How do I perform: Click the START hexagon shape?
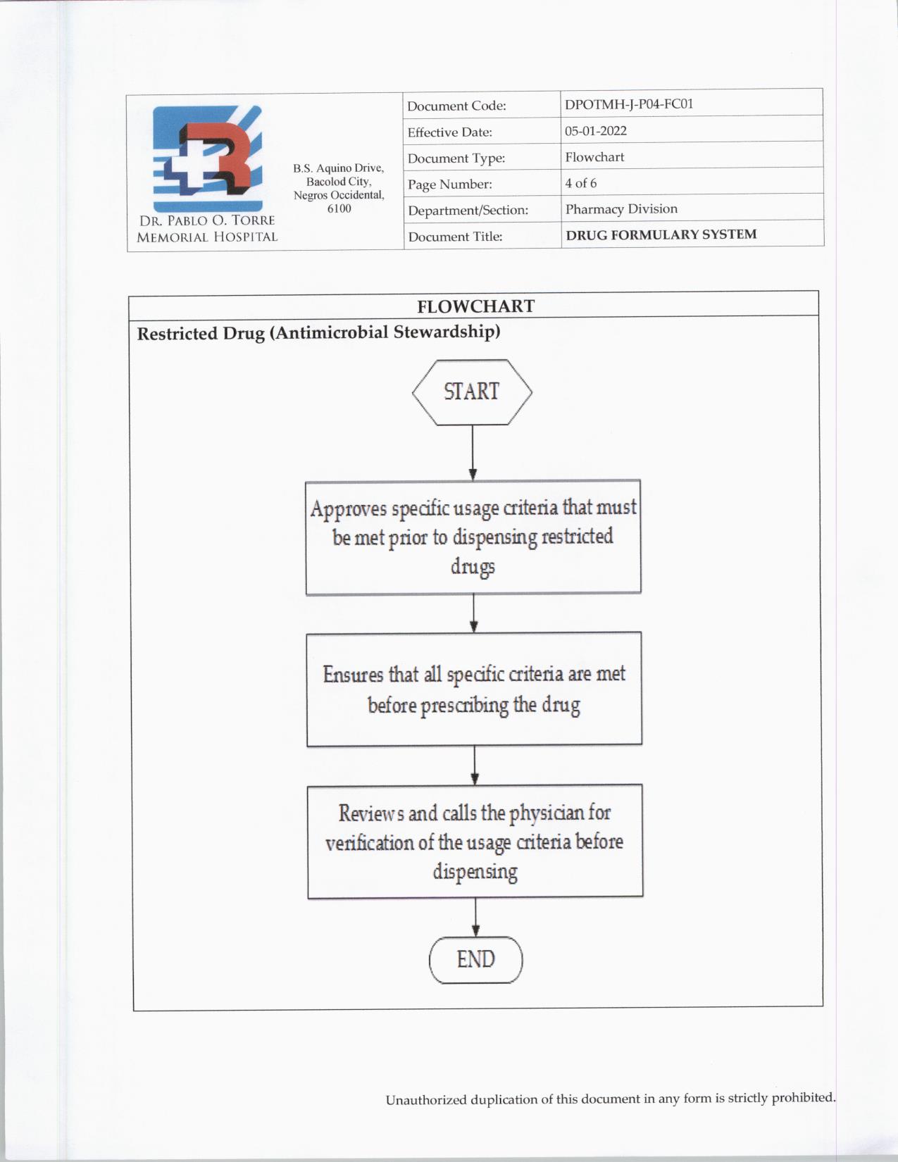pyautogui.click(x=472, y=392)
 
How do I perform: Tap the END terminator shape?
pyautogui.click(x=476, y=960)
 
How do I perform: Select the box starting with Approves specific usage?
pyautogui.click(x=473, y=537)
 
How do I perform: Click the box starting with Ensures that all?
pyautogui.click(x=474, y=689)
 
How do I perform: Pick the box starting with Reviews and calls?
pyautogui.click(x=475, y=842)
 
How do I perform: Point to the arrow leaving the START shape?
pyautogui.click(x=472, y=452)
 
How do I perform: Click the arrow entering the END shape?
pyautogui.click(x=476, y=917)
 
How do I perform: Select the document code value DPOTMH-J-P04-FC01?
pyautogui.click(x=629, y=104)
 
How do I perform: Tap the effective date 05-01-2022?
pyautogui.click(x=596, y=131)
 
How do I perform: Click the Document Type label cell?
pyautogui.click(x=456, y=158)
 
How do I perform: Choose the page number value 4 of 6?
pyautogui.click(x=581, y=183)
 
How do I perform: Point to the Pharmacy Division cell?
pyautogui.click(x=621, y=209)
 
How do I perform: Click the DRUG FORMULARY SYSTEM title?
pyautogui.click(x=661, y=235)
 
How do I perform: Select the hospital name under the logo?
pyautogui.click(x=207, y=229)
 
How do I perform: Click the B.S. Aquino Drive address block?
pyautogui.click(x=339, y=188)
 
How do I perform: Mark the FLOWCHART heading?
pyautogui.click(x=475, y=306)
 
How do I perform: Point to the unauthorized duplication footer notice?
pyautogui.click(x=610, y=1099)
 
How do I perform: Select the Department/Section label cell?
pyautogui.click(x=468, y=211)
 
